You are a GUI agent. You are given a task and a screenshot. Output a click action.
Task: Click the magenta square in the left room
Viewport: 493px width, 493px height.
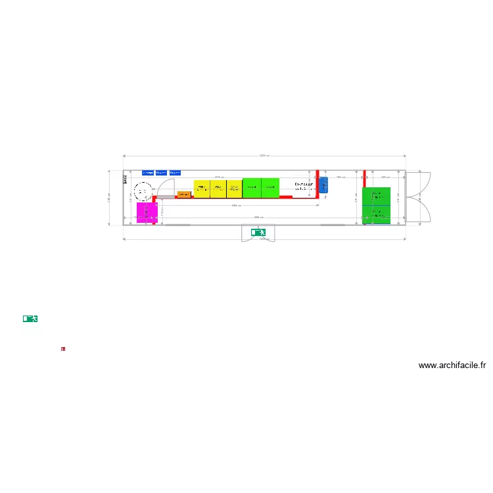(x=147, y=212)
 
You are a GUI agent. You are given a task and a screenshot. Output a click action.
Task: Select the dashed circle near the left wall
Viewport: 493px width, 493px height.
(x=141, y=191)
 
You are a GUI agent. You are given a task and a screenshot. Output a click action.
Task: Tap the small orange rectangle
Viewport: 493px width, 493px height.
(x=183, y=194)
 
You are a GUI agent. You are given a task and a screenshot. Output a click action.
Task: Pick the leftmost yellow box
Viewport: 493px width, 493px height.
(x=201, y=188)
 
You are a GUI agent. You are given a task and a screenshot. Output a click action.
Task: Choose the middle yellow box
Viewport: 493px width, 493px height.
(x=218, y=188)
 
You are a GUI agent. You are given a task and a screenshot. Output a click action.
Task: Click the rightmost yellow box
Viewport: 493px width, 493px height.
(x=234, y=188)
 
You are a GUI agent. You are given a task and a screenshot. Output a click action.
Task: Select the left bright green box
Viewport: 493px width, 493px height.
(x=252, y=187)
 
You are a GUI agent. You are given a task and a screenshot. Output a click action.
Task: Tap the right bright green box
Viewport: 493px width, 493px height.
(x=270, y=187)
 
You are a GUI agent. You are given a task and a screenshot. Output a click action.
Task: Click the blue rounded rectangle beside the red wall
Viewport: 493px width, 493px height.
(x=323, y=185)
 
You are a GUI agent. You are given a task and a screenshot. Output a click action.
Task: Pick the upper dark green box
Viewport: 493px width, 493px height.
(x=377, y=196)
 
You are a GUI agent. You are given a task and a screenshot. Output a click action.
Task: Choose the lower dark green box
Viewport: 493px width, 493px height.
(x=377, y=214)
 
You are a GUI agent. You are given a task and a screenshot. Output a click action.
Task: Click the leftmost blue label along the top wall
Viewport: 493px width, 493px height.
(x=148, y=173)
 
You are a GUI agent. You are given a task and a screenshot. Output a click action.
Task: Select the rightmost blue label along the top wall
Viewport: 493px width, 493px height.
(x=175, y=173)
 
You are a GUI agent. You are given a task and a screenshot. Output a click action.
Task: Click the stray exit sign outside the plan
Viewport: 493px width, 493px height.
(x=30, y=318)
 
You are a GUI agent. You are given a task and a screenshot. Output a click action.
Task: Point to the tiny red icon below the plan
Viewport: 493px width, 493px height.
(x=63, y=349)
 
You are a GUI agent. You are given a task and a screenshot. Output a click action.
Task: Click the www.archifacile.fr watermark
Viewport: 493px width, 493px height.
(x=452, y=365)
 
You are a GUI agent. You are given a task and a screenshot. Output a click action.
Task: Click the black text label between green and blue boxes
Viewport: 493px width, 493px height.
(x=303, y=187)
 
